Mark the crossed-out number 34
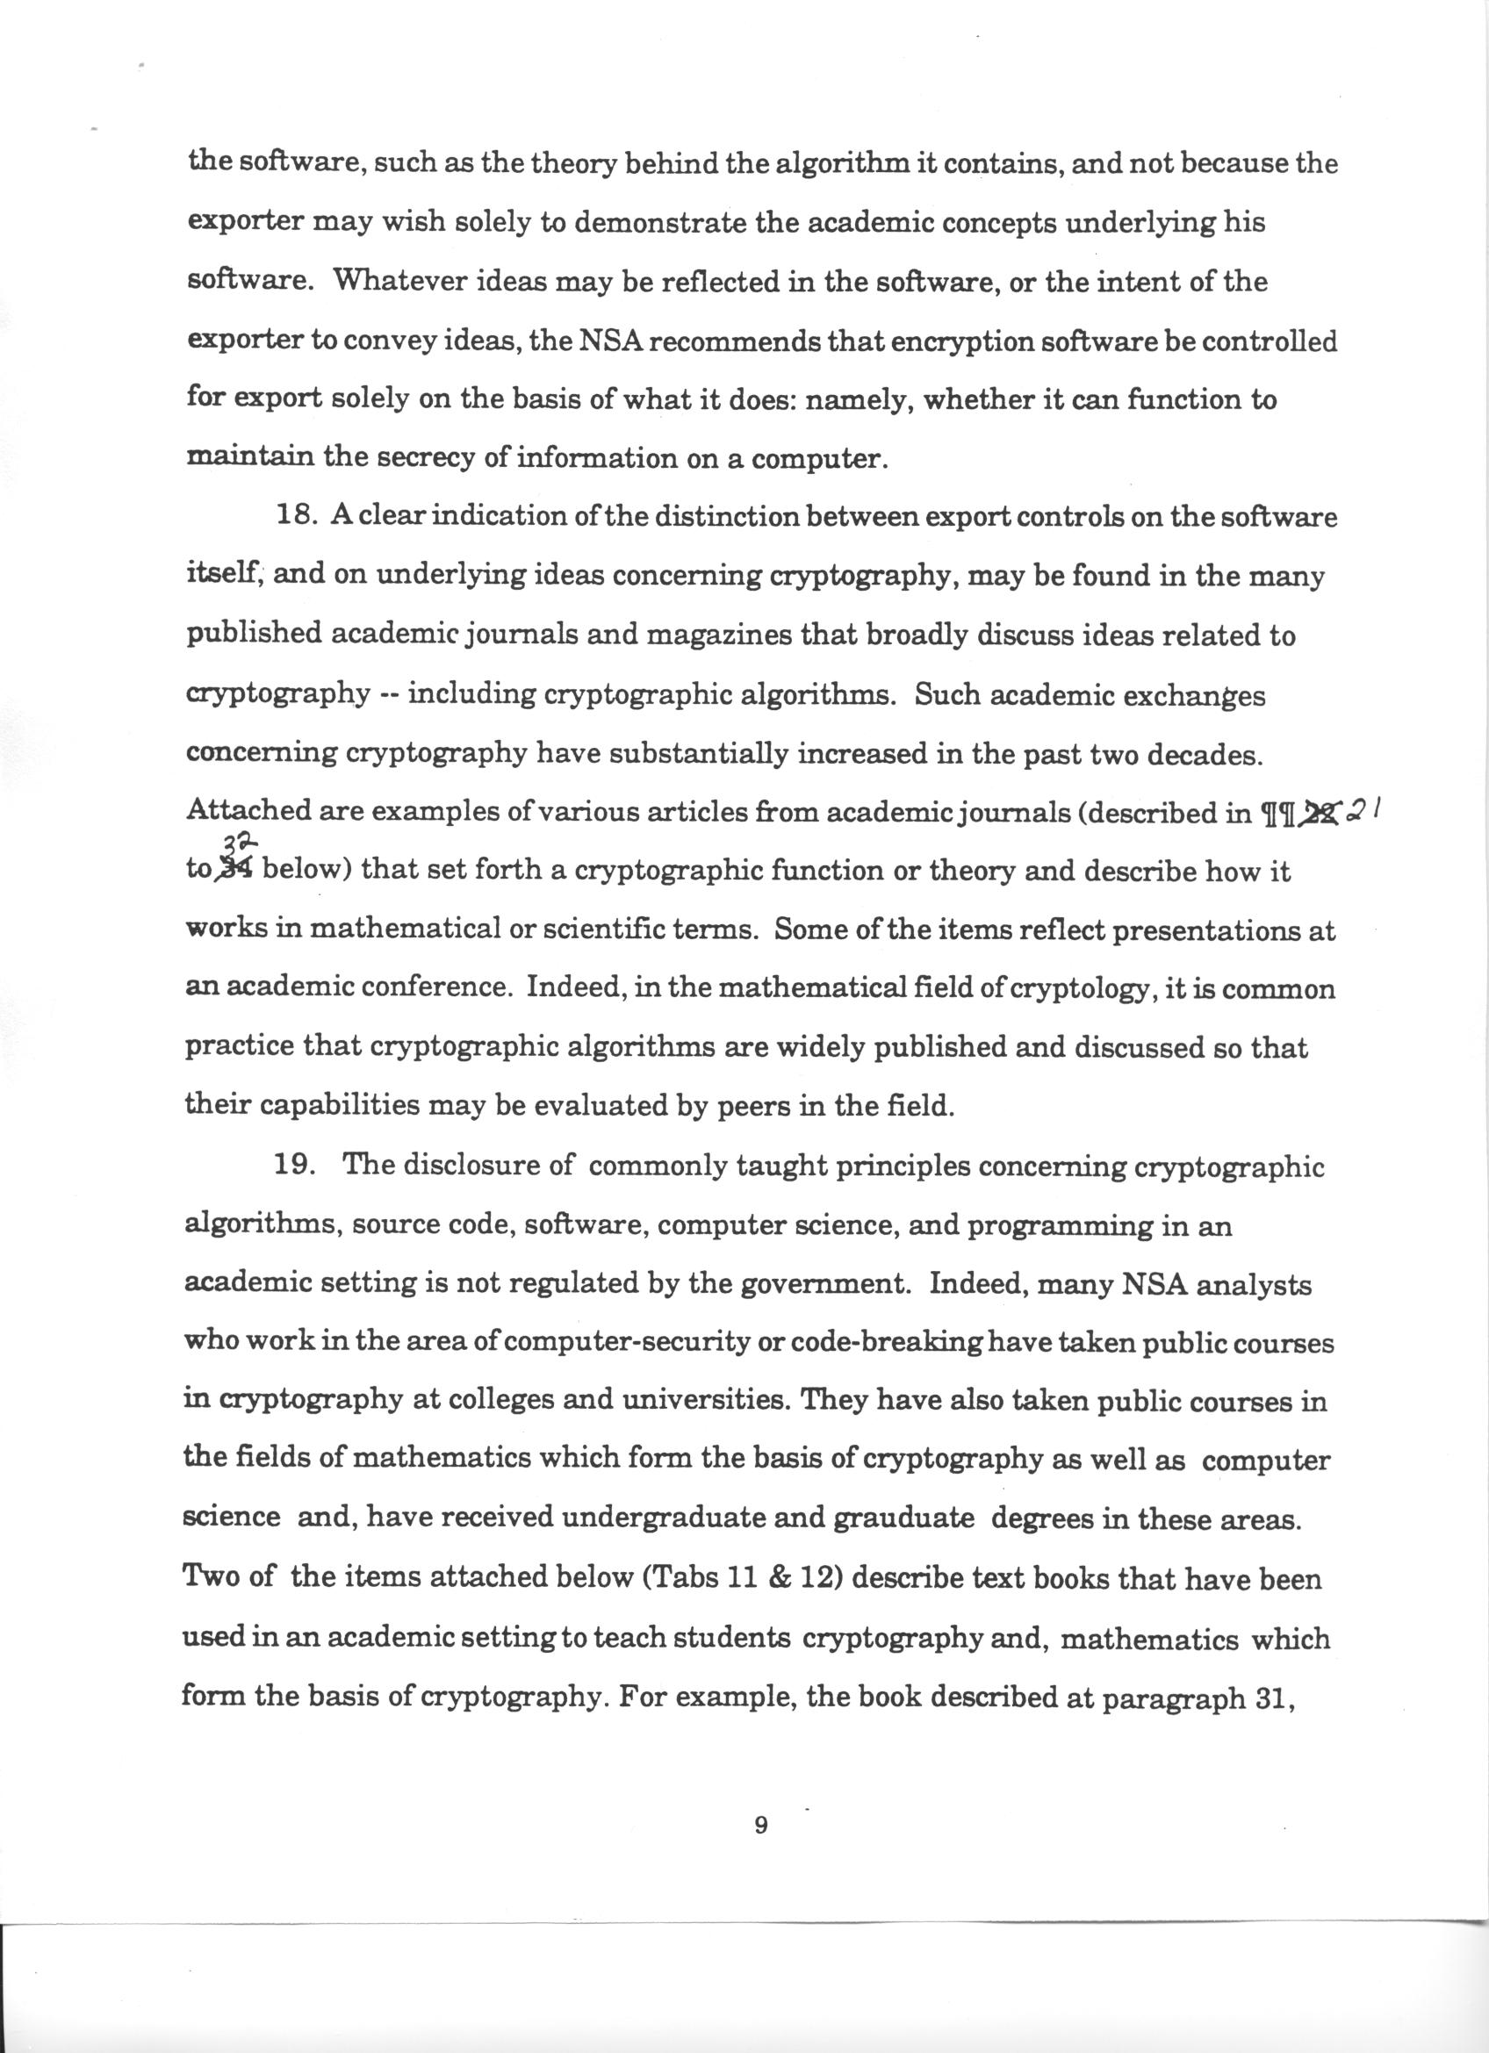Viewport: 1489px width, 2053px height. (236, 869)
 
